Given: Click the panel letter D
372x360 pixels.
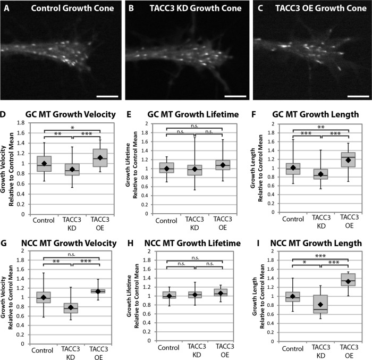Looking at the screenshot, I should point(4,113).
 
